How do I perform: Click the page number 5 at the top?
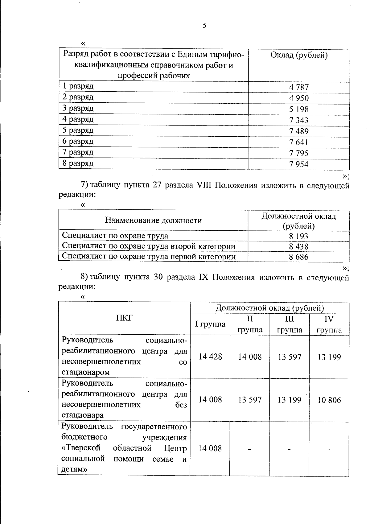point(204,26)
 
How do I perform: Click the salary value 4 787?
point(298,87)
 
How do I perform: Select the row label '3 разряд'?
point(78,108)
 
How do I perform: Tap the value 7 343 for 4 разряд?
point(298,120)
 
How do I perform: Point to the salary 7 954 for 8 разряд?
point(298,164)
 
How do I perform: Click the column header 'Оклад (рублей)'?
point(298,56)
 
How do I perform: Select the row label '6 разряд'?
point(78,142)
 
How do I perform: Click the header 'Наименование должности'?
point(153,220)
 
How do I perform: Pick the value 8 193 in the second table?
point(298,237)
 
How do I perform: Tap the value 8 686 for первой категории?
point(298,257)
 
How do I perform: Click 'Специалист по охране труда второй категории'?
point(148,246)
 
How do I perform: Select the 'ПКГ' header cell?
point(124,319)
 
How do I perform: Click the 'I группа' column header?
point(210,324)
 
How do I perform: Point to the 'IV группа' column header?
point(329,324)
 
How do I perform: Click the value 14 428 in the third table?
point(210,357)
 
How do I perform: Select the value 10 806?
point(329,400)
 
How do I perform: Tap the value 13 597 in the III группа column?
point(289,357)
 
